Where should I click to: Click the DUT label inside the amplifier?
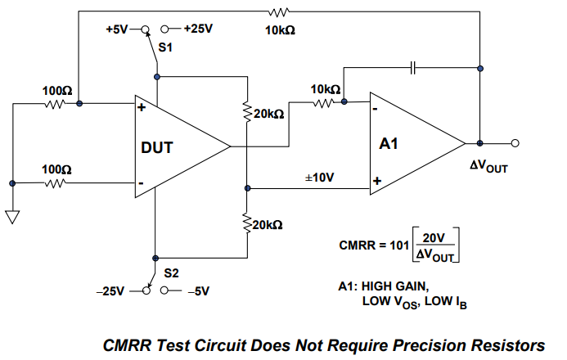point(157,147)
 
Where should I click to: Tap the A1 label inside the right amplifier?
point(389,144)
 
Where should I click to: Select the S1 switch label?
point(165,47)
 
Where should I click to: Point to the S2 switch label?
point(171,273)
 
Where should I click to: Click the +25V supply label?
point(198,29)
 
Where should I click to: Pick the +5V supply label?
point(117,29)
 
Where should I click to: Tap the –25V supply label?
point(110,291)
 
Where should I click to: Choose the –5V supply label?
point(199,291)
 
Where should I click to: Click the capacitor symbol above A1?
point(413,68)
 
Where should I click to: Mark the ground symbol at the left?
point(12,217)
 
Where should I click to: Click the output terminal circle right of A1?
point(515,143)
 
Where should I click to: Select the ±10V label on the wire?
point(319,178)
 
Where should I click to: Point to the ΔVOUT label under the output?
point(488,166)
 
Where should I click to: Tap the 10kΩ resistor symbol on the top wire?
point(278,12)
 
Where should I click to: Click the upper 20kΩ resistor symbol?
point(247,112)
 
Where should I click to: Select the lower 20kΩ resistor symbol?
point(247,223)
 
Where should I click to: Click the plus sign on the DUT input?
point(142,107)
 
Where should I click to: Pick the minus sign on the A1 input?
point(376,109)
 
